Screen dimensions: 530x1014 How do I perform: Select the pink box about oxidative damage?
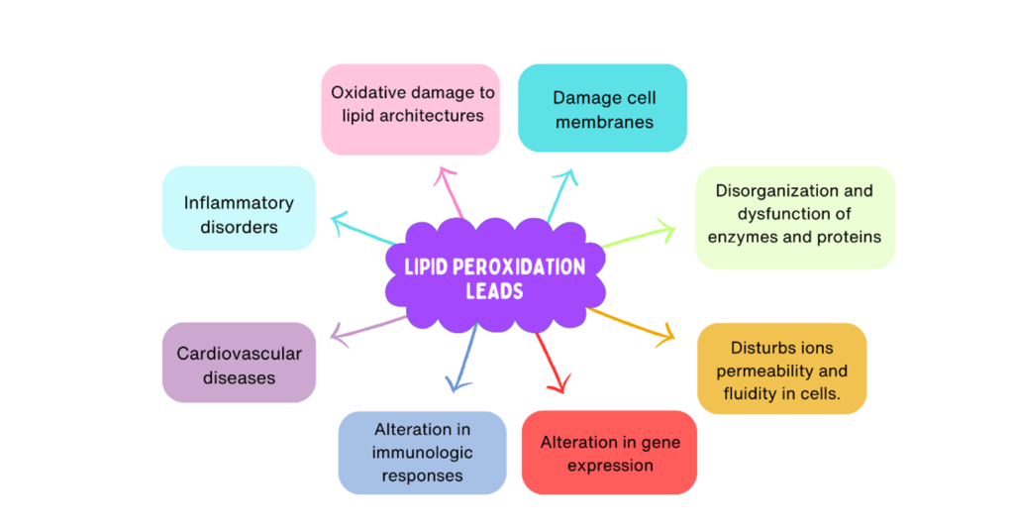pos(410,109)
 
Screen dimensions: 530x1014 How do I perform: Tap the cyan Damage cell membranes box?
pos(602,108)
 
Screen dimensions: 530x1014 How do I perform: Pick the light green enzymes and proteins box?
pos(794,217)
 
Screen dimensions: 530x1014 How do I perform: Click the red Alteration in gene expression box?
pos(609,452)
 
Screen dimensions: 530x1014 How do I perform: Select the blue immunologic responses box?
pos(422,452)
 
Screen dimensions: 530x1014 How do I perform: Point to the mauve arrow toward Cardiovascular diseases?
pos(366,329)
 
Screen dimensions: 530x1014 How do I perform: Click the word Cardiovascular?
pos(239,353)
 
